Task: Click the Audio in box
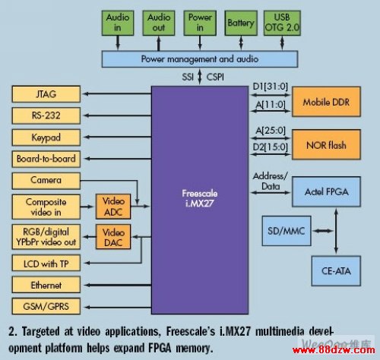tap(118, 23)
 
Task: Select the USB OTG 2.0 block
tap(282, 23)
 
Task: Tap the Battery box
tap(241, 23)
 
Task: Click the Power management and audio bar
tap(200, 59)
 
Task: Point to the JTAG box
tap(46, 94)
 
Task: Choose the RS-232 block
tap(46, 115)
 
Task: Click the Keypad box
tap(46, 137)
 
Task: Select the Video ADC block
tap(113, 207)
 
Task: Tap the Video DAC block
tap(113, 237)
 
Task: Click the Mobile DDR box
tap(326, 102)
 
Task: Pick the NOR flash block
tap(326, 144)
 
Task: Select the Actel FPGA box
tap(326, 191)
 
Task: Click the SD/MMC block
tap(287, 231)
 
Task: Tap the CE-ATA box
tap(336, 271)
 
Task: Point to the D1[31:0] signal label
tap(271, 87)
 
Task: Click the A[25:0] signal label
tap(271, 131)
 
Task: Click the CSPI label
tap(215, 77)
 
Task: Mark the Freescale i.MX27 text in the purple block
tap(200, 198)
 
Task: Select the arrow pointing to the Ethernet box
tap(118, 285)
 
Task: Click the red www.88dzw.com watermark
tap(334, 350)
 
